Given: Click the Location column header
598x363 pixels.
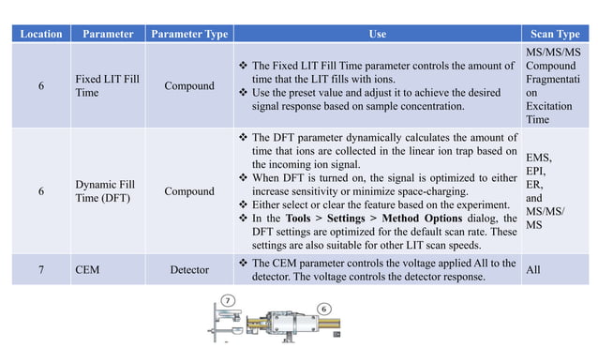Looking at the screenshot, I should click(40, 34).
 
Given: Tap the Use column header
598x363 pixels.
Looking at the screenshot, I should click(377, 34).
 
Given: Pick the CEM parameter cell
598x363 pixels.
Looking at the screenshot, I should click(86, 270).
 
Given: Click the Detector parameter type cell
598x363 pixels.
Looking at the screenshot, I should click(189, 270).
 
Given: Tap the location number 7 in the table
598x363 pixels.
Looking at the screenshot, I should click(40, 270).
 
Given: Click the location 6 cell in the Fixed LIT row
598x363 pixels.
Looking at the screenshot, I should click(40, 85).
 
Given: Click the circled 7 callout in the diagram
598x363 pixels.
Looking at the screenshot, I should click(228, 300).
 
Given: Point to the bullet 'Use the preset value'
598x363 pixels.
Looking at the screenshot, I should click(380, 102).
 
